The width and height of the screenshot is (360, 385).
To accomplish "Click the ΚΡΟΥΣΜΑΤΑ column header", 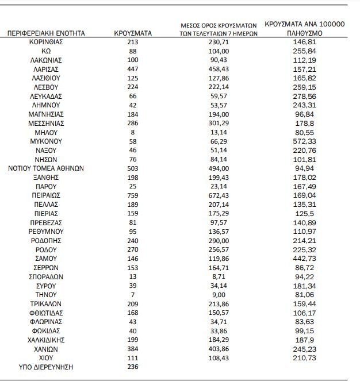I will pos(132,34).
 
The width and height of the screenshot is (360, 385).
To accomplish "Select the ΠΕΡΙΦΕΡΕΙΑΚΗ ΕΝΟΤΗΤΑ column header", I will pos(47,34).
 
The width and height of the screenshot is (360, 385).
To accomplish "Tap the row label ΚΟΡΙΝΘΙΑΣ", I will pos(47,43).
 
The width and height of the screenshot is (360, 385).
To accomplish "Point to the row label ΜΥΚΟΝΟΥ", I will pos(47,140).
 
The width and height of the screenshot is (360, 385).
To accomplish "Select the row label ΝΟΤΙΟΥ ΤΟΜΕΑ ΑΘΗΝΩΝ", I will pos(47,168).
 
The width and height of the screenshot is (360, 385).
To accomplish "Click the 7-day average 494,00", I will pos(217,168).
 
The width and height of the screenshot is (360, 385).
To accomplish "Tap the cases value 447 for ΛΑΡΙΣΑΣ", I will pos(132,68).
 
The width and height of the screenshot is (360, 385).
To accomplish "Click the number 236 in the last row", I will pos(132,367).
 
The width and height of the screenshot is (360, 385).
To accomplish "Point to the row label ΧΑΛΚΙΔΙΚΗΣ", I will pos(47,340).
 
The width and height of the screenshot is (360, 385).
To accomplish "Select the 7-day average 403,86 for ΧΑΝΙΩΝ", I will pos(217,349).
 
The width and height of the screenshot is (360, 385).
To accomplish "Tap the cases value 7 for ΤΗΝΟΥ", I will pos(132,294).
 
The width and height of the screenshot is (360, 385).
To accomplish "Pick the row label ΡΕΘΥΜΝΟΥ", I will pos(47,231).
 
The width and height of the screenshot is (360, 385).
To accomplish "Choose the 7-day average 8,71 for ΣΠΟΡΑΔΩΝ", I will pos(217,276).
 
